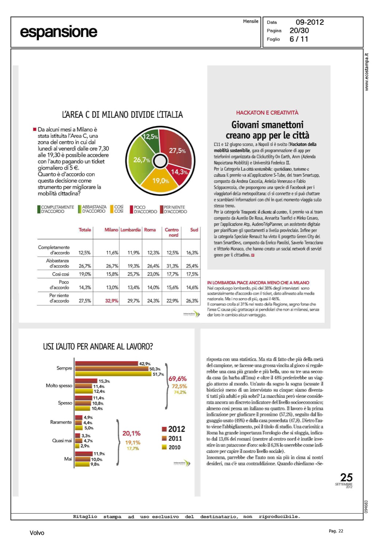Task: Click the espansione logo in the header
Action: [x=59, y=32]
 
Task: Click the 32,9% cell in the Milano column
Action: [x=112, y=301]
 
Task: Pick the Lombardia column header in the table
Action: [x=131, y=230]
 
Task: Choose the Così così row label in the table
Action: [x=61, y=274]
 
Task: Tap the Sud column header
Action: [x=194, y=230]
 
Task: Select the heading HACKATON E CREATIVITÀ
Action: [x=267, y=113]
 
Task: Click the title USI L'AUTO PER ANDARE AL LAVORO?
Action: [x=98, y=346]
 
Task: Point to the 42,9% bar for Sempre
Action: [x=107, y=364]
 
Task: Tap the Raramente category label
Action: [x=61, y=422]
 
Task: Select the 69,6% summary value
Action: [x=177, y=378]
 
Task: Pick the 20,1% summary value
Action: [x=131, y=433]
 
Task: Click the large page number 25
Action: [x=346, y=477]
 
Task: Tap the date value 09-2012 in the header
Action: [x=310, y=22]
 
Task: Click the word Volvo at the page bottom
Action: [x=37, y=533]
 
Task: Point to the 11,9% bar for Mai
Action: [x=84, y=454]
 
